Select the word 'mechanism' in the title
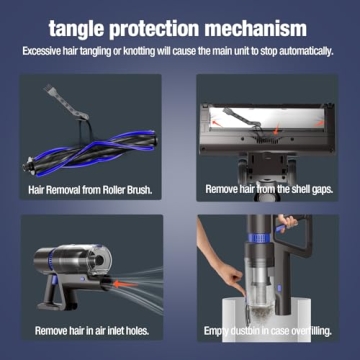(273, 28)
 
